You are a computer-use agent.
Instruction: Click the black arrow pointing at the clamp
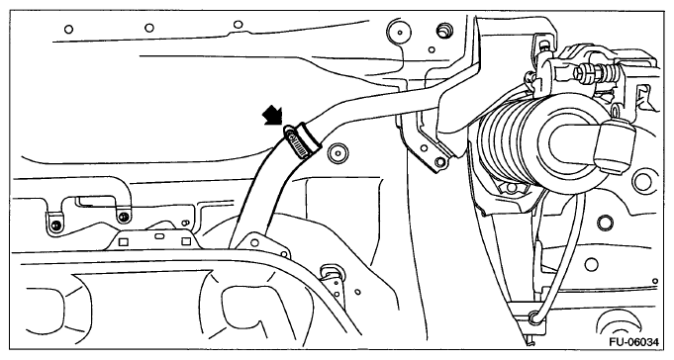pos(272,116)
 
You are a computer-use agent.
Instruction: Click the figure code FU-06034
pos(633,342)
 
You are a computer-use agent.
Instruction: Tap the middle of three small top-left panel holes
pos(149,28)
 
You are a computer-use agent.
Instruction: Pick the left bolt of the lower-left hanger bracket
pos(55,225)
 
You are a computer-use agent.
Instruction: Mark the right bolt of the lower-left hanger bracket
pos(125,216)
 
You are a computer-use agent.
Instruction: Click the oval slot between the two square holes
pos(158,236)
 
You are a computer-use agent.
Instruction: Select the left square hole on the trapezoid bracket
pos(124,242)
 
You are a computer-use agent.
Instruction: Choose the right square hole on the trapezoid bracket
pos(186,241)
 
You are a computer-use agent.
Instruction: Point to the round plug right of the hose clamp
pos(337,153)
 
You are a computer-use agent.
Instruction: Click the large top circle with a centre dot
pos(399,32)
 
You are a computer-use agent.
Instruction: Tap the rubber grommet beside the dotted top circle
pos(443,32)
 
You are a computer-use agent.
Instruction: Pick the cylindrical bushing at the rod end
pos(615,145)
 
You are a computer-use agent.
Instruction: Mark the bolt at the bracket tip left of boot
pos(439,162)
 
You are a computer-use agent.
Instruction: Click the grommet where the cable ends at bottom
pos(534,317)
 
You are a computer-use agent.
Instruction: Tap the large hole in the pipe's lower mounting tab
pos(254,242)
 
